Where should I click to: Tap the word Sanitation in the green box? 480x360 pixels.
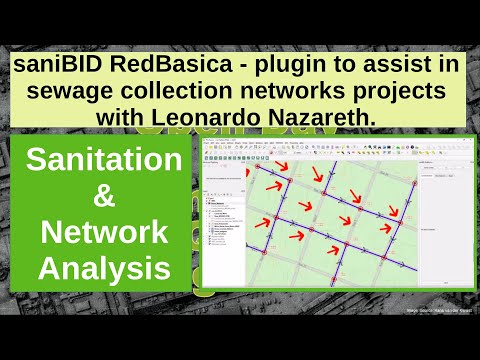click(104, 161)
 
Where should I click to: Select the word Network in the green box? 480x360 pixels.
click(104, 233)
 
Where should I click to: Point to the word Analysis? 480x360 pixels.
click(104, 268)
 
